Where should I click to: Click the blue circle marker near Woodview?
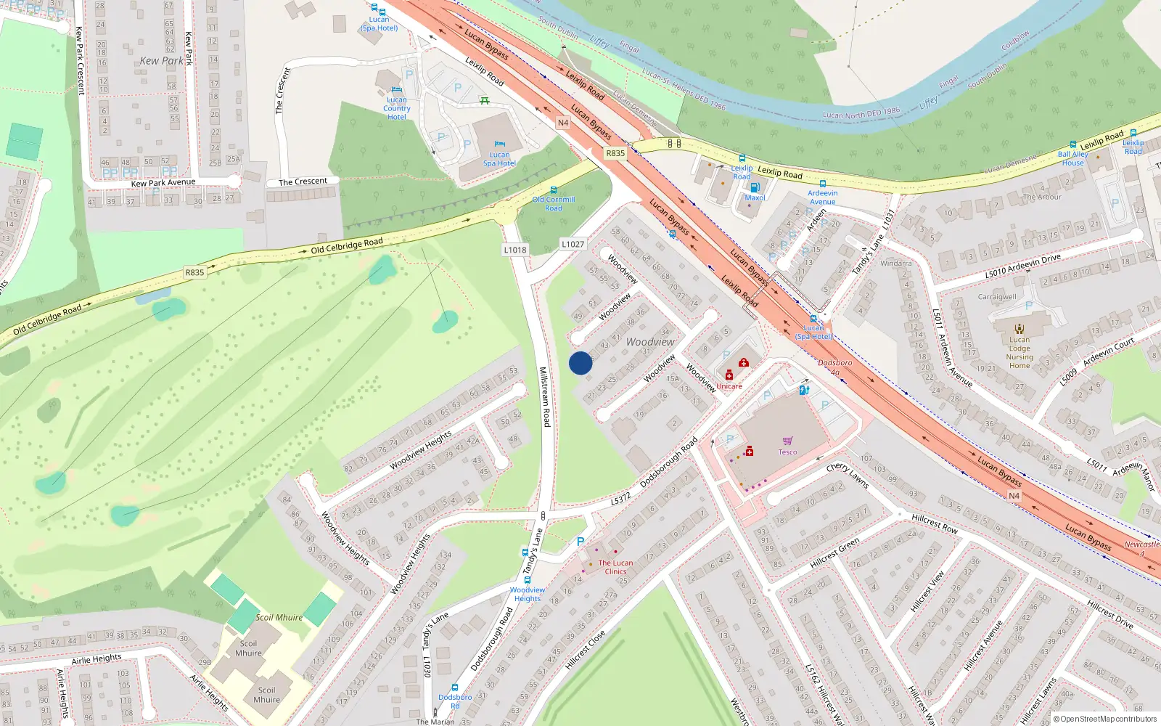(x=580, y=363)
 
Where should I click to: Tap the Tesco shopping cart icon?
(x=787, y=441)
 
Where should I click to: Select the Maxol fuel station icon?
(x=755, y=187)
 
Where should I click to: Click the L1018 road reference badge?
(x=515, y=250)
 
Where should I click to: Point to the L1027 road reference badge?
(x=573, y=244)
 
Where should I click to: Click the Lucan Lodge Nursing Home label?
(x=1020, y=352)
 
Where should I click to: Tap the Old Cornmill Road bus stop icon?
(x=554, y=190)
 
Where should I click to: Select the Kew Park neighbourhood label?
(x=161, y=61)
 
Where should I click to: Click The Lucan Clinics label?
(x=615, y=567)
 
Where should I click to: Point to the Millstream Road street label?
(x=544, y=396)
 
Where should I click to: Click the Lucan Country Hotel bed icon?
(x=396, y=90)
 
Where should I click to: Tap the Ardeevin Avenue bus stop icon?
(x=822, y=184)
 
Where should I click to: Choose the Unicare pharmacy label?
(x=729, y=386)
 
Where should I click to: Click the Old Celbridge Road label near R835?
(x=346, y=245)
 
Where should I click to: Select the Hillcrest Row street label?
(x=935, y=523)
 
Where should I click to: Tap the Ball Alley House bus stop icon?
(x=1072, y=144)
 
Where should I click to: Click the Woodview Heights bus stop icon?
(x=528, y=580)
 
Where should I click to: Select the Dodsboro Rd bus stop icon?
(x=455, y=688)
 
